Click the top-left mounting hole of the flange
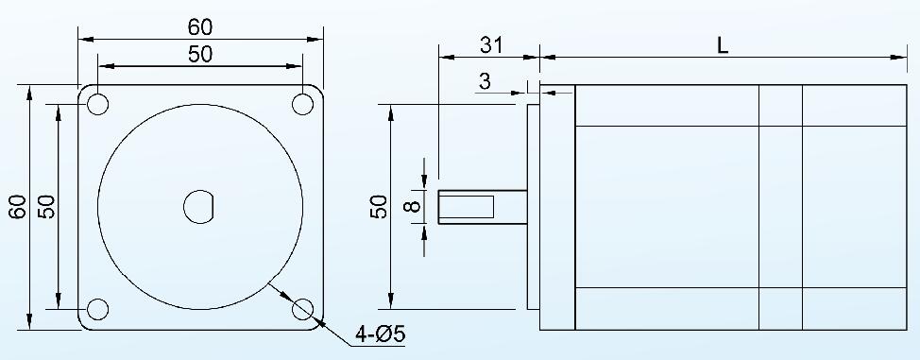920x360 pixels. point(98,104)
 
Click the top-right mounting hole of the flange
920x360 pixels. point(303,104)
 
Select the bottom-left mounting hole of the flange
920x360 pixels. point(98,309)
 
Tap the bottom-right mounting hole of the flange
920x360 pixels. point(303,309)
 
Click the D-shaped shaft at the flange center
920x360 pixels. point(200,207)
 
